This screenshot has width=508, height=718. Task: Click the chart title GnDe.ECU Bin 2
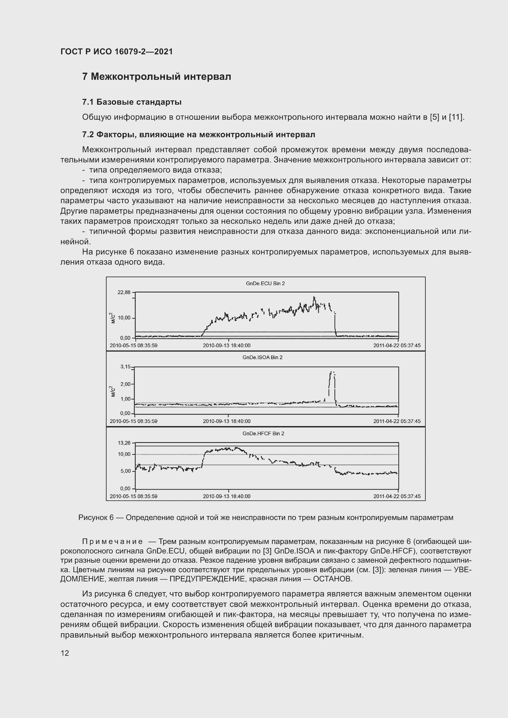click(265, 284)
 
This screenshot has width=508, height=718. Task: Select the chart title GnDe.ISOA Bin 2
click(262, 357)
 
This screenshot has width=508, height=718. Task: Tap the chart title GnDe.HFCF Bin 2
click(264, 434)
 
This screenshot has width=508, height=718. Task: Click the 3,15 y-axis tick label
click(125, 367)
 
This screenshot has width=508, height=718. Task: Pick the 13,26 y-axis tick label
click(124, 443)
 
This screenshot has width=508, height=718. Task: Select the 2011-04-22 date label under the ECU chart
click(397, 346)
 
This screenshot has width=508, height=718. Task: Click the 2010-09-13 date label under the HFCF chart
click(227, 496)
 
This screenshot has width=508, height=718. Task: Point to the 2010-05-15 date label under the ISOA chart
click(134, 421)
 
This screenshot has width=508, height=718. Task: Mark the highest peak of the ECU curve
click(314, 297)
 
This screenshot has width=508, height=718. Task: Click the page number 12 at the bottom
click(65, 653)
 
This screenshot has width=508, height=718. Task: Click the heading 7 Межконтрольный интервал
click(156, 77)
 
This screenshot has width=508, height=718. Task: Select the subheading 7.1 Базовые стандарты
click(132, 102)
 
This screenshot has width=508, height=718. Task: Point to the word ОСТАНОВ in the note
click(332, 579)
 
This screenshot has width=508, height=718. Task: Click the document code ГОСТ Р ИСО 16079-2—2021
click(117, 52)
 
